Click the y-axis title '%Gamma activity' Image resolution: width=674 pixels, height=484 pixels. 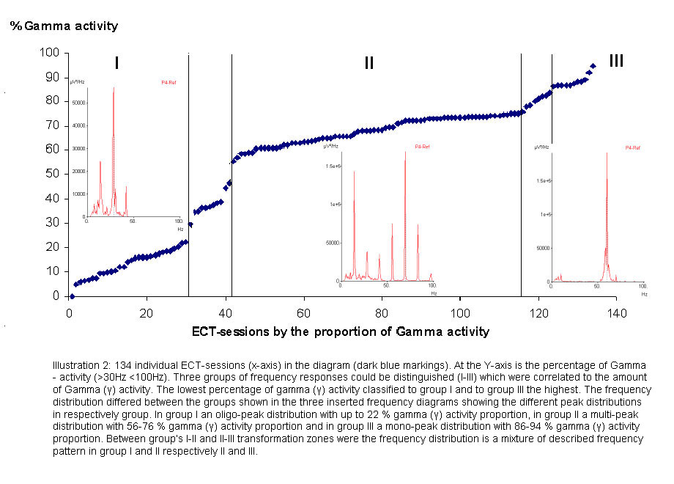click(64, 26)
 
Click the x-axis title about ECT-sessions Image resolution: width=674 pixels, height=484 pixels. click(341, 332)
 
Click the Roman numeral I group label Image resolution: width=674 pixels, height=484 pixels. click(116, 64)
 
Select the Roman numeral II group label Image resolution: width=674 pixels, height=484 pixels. click(369, 64)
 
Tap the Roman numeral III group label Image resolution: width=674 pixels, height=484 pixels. click(616, 61)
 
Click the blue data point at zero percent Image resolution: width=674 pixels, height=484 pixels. click(71, 296)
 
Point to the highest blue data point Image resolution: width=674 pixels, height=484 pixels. click(593, 66)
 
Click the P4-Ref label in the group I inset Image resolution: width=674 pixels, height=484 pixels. click(168, 83)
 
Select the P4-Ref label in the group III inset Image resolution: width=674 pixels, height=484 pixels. click(633, 148)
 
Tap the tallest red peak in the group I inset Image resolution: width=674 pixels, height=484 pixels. click(114, 90)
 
